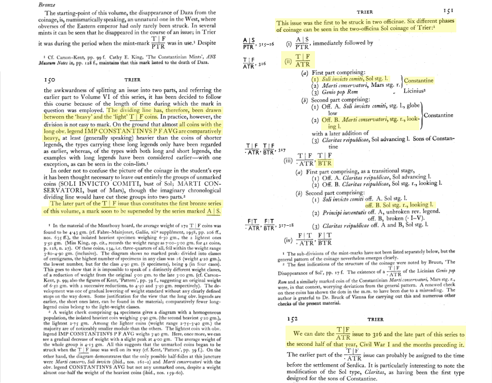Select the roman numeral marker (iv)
(x=288, y=239)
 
